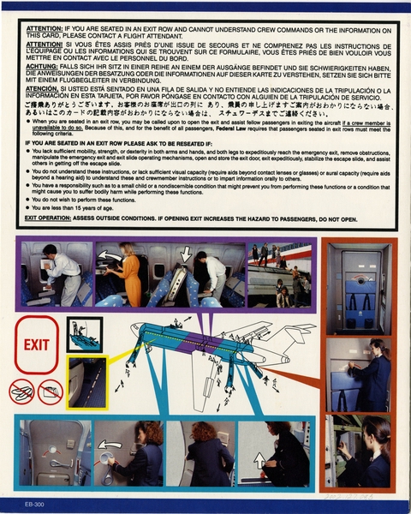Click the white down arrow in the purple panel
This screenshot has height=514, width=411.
pyautogui.click(x=187, y=254)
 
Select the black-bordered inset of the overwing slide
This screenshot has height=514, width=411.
pyautogui.click(x=85, y=334)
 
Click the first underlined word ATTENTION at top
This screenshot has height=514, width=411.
pyautogui.click(x=44, y=27)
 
